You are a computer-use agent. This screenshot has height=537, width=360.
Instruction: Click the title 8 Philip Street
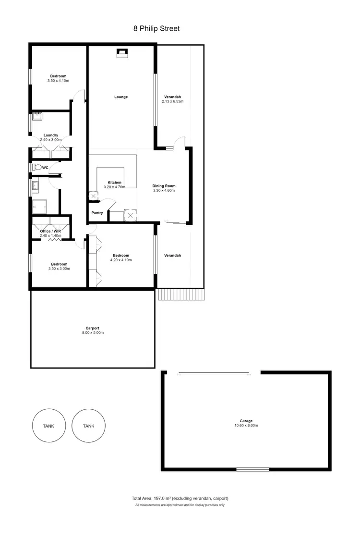(x=156, y=28)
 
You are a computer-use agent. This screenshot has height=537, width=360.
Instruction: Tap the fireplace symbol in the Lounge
(x=121, y=53)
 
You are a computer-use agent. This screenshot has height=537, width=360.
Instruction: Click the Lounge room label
(x=121, y=97)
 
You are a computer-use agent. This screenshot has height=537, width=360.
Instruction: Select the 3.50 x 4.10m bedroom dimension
(x=59, y=81)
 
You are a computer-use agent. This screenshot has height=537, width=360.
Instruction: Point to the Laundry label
(x=51, y=135)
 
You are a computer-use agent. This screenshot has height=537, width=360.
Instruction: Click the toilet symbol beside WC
(x=36, y=168)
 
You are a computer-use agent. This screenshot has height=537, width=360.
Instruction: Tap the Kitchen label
(x=114, y=183)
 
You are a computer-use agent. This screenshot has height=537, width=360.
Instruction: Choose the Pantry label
(x=97, y=213)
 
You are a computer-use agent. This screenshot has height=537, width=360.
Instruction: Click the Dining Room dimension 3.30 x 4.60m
(x=164, y=190)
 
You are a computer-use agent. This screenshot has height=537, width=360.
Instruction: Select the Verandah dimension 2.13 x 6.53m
(x=173, y=102)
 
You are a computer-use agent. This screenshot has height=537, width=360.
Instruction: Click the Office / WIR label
(x=50, y=231)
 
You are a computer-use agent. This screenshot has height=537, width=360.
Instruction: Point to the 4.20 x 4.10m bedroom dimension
(x=121, y=260)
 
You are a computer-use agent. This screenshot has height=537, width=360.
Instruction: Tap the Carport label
(x=93, y=328)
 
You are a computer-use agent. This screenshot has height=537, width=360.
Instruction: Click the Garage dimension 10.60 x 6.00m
(x=247, y=426)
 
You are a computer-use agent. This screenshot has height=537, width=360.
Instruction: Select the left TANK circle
(x=48, y=426)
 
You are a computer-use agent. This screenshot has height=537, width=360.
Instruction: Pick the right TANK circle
(x=88, y=426)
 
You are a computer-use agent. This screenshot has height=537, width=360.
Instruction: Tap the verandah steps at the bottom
(x=180, y=294)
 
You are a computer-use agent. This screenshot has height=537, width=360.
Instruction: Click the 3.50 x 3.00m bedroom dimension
(x=60, y=268)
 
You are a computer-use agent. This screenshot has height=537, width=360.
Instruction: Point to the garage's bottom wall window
(x=252, y=469)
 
